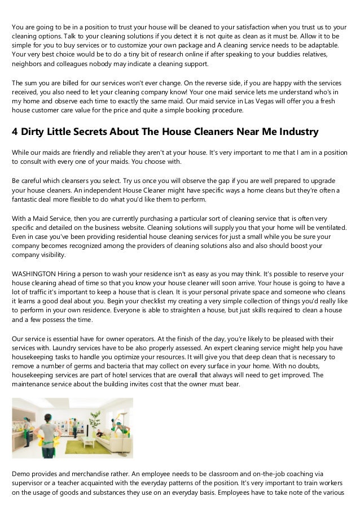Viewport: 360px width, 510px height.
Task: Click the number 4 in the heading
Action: pos(15,132)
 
